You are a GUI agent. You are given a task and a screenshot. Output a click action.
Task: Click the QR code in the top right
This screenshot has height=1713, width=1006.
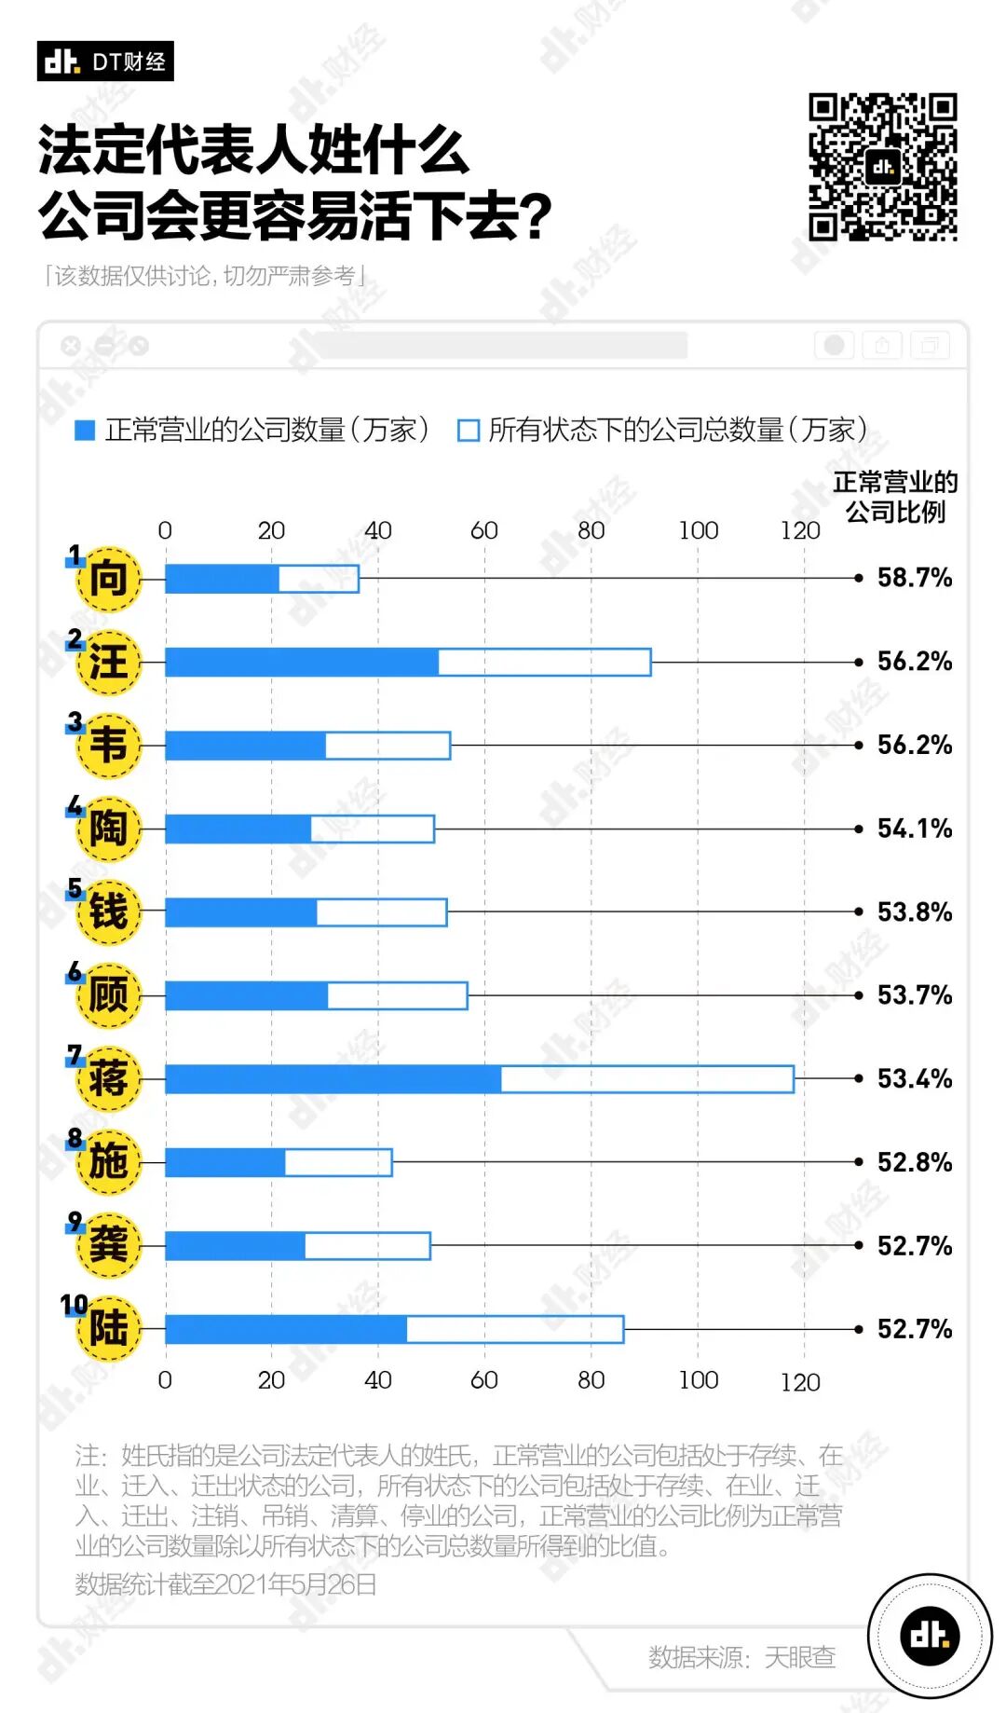tap(882, 167)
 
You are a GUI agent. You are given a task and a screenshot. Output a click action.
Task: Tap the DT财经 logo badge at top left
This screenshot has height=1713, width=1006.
tap(105, 62)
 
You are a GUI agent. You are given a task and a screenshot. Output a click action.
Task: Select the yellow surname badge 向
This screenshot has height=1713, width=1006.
tap(108, 579)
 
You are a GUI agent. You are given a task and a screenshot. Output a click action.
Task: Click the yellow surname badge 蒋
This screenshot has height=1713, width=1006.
tap(108, 1079)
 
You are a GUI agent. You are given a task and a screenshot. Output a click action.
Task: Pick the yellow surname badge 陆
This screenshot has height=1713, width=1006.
tap(108, 1329)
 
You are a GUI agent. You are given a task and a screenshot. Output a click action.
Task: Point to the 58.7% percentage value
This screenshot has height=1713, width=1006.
tap(914, 578)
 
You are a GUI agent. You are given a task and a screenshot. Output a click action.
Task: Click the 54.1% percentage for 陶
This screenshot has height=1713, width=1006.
tap(914, 829)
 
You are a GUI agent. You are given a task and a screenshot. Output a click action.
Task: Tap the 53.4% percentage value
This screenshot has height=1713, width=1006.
tap(914, 1079)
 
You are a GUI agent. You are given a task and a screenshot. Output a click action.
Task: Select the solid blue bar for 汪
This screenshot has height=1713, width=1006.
tap(301, 663)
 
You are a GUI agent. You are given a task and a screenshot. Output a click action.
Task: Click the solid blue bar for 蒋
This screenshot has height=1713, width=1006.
tap(333, 1079)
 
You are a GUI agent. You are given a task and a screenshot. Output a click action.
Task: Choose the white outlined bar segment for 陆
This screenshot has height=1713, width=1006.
tap(515, 1329)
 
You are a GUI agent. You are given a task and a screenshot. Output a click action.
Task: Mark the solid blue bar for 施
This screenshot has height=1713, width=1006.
tap(224, 1162)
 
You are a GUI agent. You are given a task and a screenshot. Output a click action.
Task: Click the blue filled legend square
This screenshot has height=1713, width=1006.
tap(85, 430)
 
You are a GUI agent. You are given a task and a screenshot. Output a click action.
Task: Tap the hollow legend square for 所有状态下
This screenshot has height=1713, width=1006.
tap(468, 430)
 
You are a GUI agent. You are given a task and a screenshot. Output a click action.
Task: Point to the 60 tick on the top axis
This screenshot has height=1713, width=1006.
tap(484, 530)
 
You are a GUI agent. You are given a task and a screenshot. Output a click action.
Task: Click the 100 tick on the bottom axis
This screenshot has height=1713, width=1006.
tap(698, 1379)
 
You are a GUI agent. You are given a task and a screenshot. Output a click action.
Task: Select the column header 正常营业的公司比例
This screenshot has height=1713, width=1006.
tap(895, 497)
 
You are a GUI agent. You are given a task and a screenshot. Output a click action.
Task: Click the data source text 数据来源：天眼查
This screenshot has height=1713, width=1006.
tap(741, 1656)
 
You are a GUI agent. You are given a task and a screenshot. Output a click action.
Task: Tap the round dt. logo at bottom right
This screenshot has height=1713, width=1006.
tap(930, 1635)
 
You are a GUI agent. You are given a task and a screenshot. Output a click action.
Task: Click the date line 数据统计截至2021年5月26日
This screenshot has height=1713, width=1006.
tap(226, 1583)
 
